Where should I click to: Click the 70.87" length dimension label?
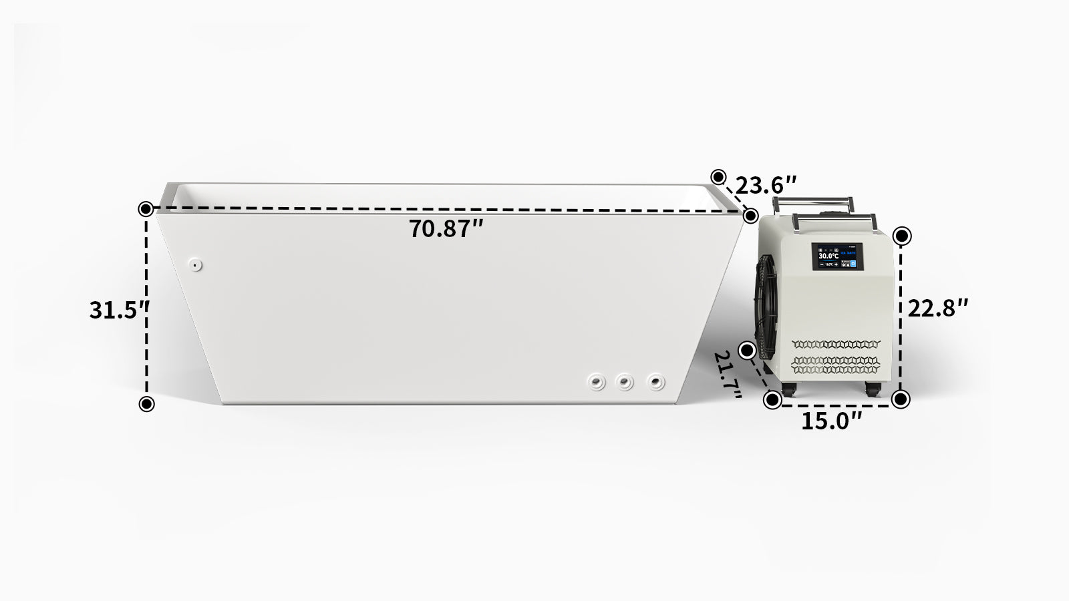446,229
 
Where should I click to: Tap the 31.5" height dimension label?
119,310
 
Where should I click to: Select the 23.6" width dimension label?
766,184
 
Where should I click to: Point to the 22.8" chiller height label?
938,308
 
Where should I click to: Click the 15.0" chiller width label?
832,421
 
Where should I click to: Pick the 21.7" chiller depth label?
728,375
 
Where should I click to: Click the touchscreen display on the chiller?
837,256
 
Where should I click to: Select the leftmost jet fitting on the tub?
596,383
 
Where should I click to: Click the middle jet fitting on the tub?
625,383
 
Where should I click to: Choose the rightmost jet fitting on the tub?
657,383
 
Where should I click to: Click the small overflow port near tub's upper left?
196,264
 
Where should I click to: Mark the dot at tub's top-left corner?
146,209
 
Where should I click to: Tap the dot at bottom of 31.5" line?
146,403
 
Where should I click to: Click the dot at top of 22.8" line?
902,236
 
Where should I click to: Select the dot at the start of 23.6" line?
718,177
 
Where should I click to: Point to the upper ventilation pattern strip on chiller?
836,345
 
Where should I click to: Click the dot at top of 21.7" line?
748,350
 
